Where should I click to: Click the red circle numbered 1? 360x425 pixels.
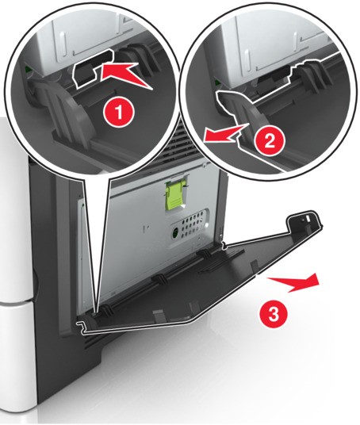(x=118, y=112)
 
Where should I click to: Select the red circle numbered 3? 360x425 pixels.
(x=273, y=315)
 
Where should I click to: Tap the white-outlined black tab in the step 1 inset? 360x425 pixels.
(x=91, y=67)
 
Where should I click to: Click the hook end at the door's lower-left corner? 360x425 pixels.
(x=81, y=326)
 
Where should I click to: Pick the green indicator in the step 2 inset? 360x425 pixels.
(x=216, y=83)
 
